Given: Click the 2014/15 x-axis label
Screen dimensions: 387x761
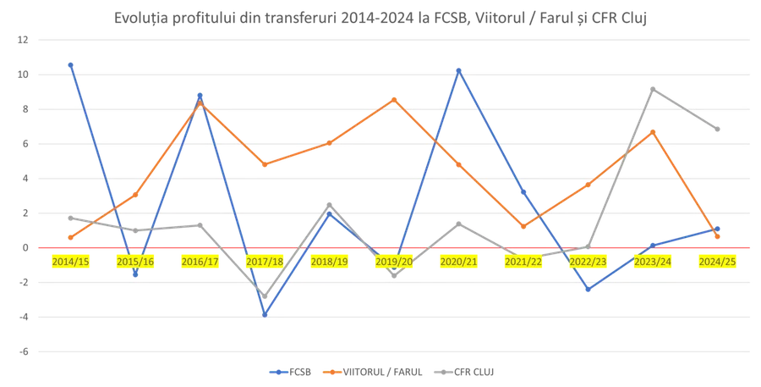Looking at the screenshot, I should tap(70, 262).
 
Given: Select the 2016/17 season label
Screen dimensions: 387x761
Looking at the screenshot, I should tap(200, 262).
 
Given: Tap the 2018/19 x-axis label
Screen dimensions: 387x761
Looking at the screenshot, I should tap(330, 262).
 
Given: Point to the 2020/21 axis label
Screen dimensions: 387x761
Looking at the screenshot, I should tap(459, 262).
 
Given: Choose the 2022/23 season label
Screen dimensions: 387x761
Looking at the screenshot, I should tap(589, 262).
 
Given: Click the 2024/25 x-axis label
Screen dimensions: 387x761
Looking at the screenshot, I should tap(717, 262).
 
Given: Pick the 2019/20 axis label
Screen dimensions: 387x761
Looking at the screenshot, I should tap(395, 262).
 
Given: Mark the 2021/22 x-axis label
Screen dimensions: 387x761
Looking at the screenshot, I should tap(523, 262).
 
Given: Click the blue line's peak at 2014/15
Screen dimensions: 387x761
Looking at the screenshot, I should tap(71, 60).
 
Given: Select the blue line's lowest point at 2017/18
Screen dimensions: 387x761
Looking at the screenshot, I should tap(266, 315).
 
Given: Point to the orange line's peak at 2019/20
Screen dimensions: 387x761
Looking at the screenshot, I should tap(394, 98).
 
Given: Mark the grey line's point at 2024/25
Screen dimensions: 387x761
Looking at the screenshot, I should tap(717, 128).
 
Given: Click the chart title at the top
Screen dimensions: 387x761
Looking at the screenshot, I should tap(380, 17).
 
